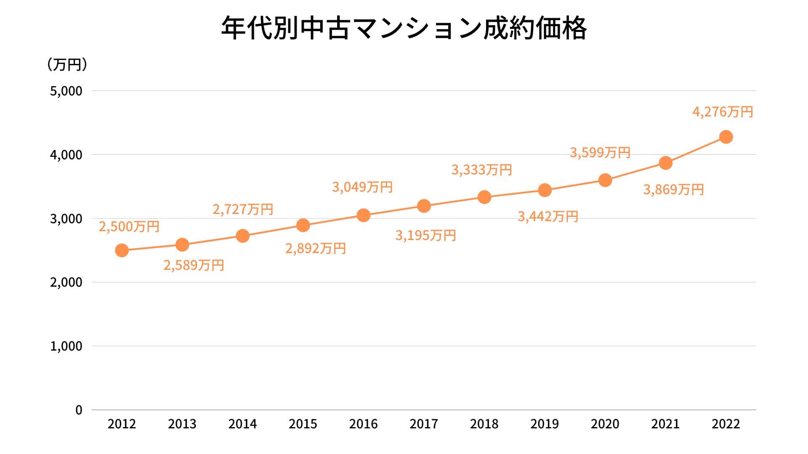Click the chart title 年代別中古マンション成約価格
(x=404, y=29)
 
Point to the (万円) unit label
(x=67, y=65)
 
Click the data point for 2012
(x=122, y=251)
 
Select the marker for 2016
(x=363, y=215)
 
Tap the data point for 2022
(x=726, y=137)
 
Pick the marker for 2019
(x=545, y=190)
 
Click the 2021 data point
(x=665, y=163)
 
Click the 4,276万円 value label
(x=723, y=112)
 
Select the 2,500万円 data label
(x=129, y=227)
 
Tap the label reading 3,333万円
(x=481, y=170)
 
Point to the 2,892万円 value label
(x=315, y=248)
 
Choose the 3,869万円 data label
(x=673, y=190)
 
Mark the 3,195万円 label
(x=425, y=235)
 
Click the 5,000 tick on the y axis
(x=66, y=91)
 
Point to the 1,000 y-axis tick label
(x=66, y=346)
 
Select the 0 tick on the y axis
(x=79, y=410)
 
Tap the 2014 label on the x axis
(x=242, y=424)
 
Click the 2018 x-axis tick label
(x=484, y=424)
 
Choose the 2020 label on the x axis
(x=605, y=424)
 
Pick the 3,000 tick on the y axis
(x=66, y=219)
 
